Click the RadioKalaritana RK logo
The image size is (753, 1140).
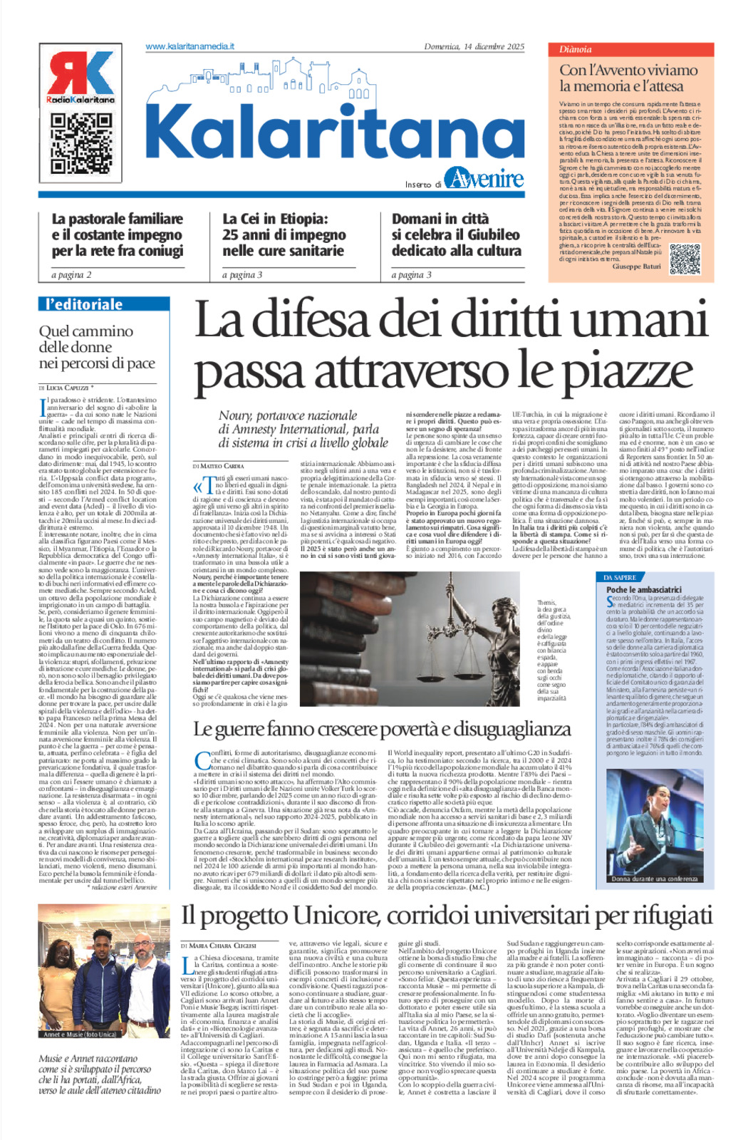tap(81, 77)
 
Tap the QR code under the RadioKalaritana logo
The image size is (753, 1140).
tap(81, 142)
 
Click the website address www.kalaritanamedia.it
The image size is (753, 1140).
tap(189, 46)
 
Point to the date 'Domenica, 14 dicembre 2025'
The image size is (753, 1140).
tap(474, 47)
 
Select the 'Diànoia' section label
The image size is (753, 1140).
tap(575, 50)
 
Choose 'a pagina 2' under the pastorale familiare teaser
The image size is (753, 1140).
tap(71, 275)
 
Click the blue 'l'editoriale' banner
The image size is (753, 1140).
tap(104, 305)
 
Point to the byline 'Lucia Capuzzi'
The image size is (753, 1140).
tap(68, 388)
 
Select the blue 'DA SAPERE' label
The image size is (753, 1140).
tap(620, 577)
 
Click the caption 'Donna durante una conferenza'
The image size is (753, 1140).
tap(654, 879)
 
